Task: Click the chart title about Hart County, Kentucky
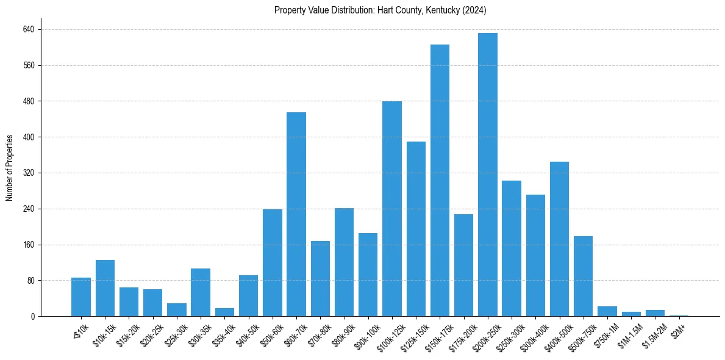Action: [x=380, y=10]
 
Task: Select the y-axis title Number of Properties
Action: [x=10, y=167]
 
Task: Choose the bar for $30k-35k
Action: [x=201, y=292]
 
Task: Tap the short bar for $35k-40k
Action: [x=224, y=312]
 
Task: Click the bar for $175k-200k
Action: [x=463, y=265]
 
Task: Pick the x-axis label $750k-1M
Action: [x=603, y=331]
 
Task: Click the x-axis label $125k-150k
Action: [x=412, y=333]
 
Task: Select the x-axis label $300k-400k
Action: [x=531, y=333]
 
